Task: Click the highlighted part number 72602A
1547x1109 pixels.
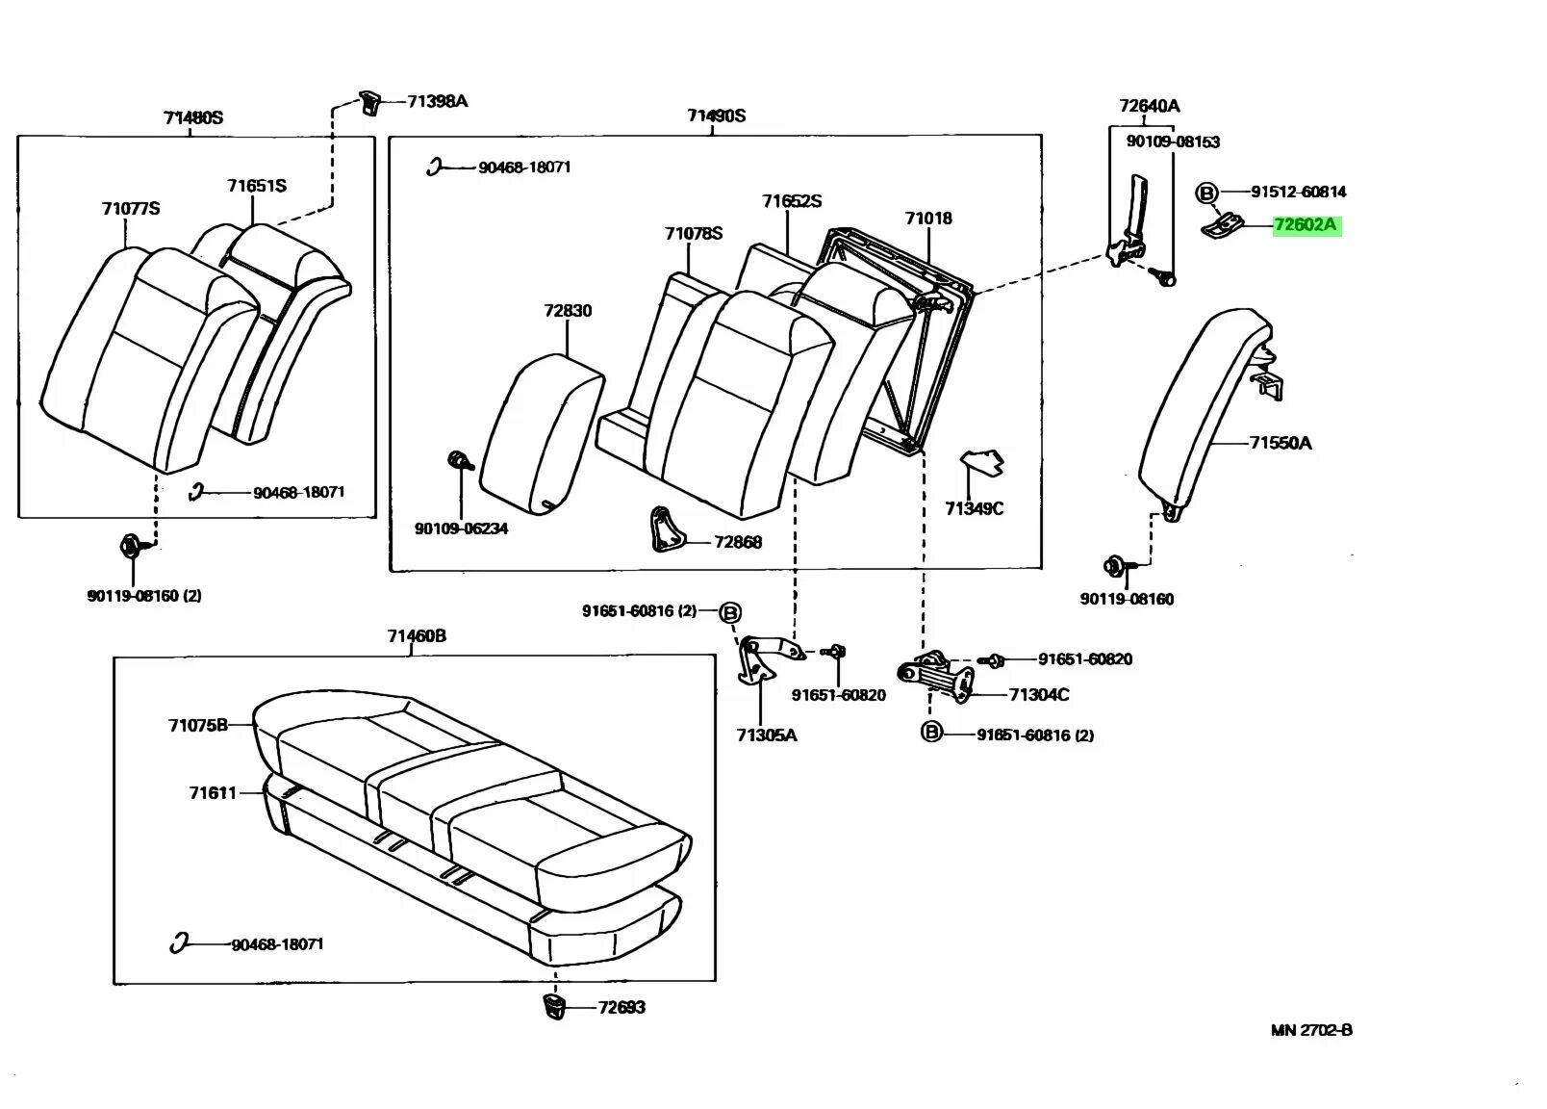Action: (1306, 226)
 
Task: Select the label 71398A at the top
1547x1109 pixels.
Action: (437, 101)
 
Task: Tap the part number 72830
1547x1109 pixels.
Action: (568, 311)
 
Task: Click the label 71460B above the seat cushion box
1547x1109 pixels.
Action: (417, 636)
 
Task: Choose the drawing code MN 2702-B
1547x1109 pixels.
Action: (1311, 1030)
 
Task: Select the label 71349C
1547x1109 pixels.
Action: (974, 508)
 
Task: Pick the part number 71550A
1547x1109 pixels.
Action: (1281, 443)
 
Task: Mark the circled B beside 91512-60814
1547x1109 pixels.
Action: (1205, 193)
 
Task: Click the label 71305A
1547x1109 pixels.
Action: (767, 735)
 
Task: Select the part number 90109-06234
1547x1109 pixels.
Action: (461, 529)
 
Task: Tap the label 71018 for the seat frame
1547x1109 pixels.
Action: (928, 219)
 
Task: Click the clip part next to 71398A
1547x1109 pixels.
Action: (370, 101)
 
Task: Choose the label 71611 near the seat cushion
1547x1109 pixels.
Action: (213, 793)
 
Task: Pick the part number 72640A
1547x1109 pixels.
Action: (1149, 106)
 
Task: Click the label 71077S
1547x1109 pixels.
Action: (131, 209)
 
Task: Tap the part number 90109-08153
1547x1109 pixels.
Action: (1173, 142)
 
